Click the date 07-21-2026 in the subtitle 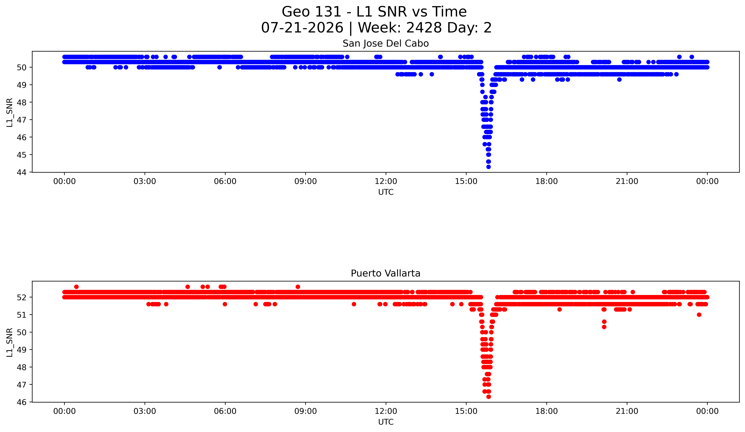pos(302,28)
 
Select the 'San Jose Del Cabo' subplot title pos(386,44)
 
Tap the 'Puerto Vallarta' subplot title pos(386,273)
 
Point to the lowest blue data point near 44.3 pos(488,167)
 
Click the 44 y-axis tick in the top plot pos(23,172)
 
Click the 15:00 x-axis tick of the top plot pos(466,181)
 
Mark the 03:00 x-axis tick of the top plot pos(145,181)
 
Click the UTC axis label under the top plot pos(386,192)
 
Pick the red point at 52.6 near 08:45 pos(298,287)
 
